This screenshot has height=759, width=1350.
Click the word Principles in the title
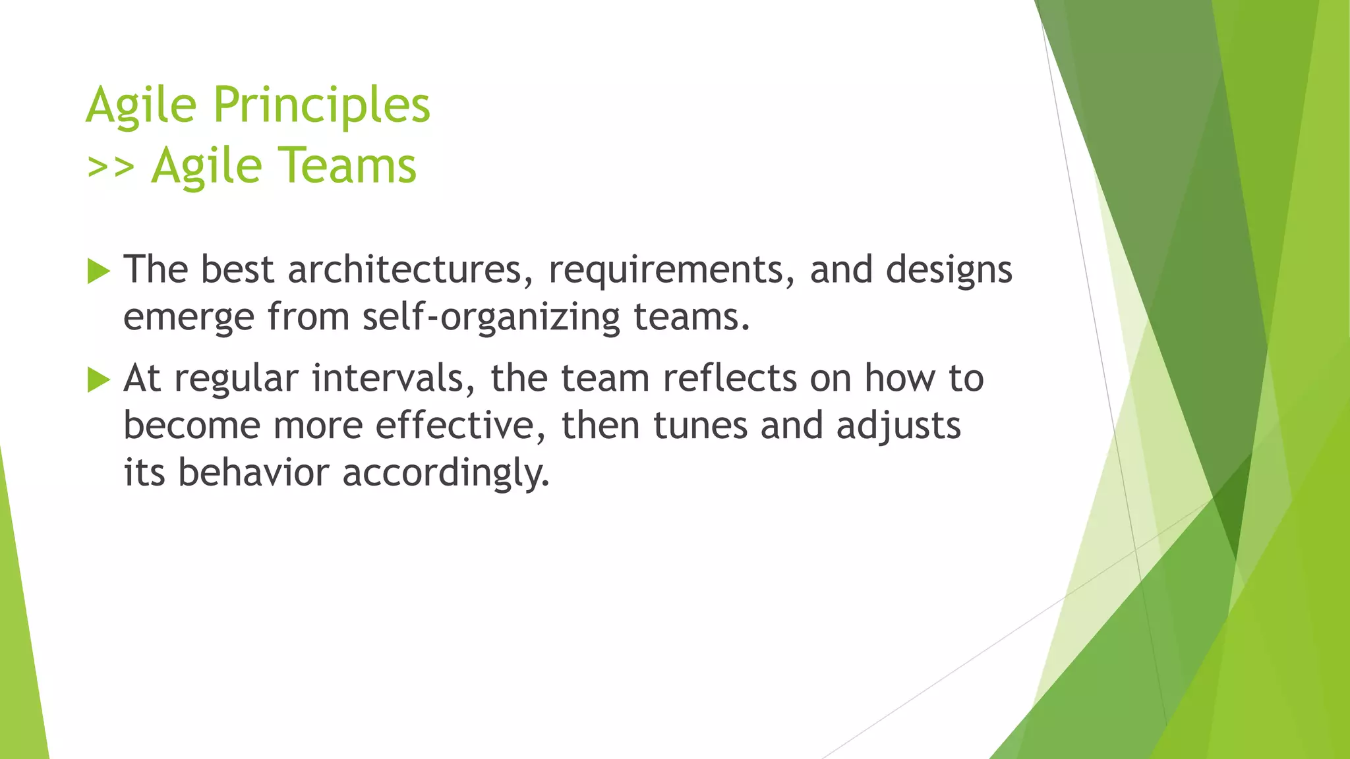322,105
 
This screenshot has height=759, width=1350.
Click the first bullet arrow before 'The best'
98,271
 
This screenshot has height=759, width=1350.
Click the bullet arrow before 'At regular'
98,379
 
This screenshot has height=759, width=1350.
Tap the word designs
949,271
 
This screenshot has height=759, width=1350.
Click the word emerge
189,318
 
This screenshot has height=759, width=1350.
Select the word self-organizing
491,318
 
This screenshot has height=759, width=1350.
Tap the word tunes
700,426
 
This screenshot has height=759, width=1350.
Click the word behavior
253,473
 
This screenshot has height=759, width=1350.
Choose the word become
192,426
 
